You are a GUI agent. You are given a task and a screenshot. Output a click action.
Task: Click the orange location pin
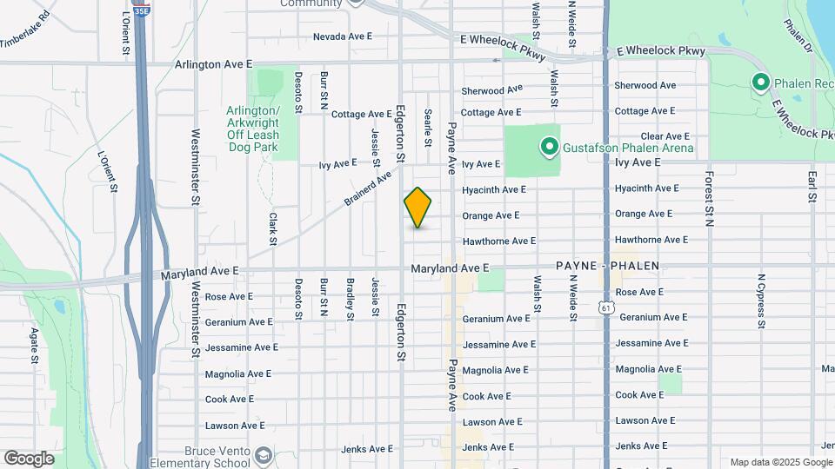tap(417, 208)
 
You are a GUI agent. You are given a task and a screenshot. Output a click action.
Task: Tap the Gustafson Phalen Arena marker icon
tap(549, 147)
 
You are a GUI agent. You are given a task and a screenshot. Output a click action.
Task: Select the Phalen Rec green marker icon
tap(760, 83)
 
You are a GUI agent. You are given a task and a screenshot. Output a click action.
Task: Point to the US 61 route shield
tap(605, 307)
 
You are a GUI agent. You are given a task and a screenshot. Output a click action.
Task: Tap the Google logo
tap(29, 459)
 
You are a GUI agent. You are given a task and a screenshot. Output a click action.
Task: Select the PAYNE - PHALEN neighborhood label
tap(608, 266)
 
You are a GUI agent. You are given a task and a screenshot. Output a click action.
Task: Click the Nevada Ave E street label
tap(342, 36)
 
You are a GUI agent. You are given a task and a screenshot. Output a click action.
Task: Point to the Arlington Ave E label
tap(213, 64)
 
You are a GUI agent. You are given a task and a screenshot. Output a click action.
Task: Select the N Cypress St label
tap(760, 301)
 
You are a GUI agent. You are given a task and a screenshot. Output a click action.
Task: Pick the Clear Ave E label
tap(665, 136)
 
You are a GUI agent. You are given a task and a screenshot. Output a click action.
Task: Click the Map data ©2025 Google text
tap(780, 462)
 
